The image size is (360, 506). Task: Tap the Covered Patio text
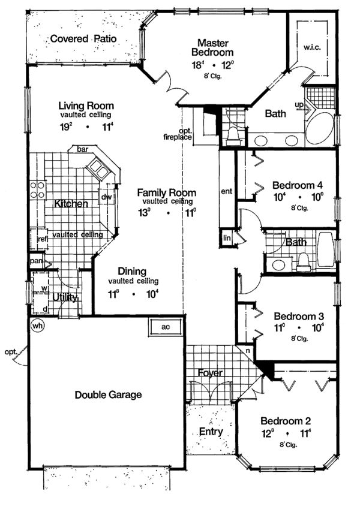coord(83,39)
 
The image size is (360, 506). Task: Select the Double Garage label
coord(108,394)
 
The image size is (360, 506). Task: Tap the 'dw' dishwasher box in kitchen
coord(107,197)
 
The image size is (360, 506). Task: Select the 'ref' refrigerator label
coord(42,238)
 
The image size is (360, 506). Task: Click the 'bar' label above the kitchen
coord(82,150)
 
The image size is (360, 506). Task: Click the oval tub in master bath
coord(320,125)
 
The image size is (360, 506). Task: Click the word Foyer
coord(210,373)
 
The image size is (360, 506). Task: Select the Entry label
coord(211,431)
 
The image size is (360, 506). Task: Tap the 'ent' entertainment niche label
coord(226,192)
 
